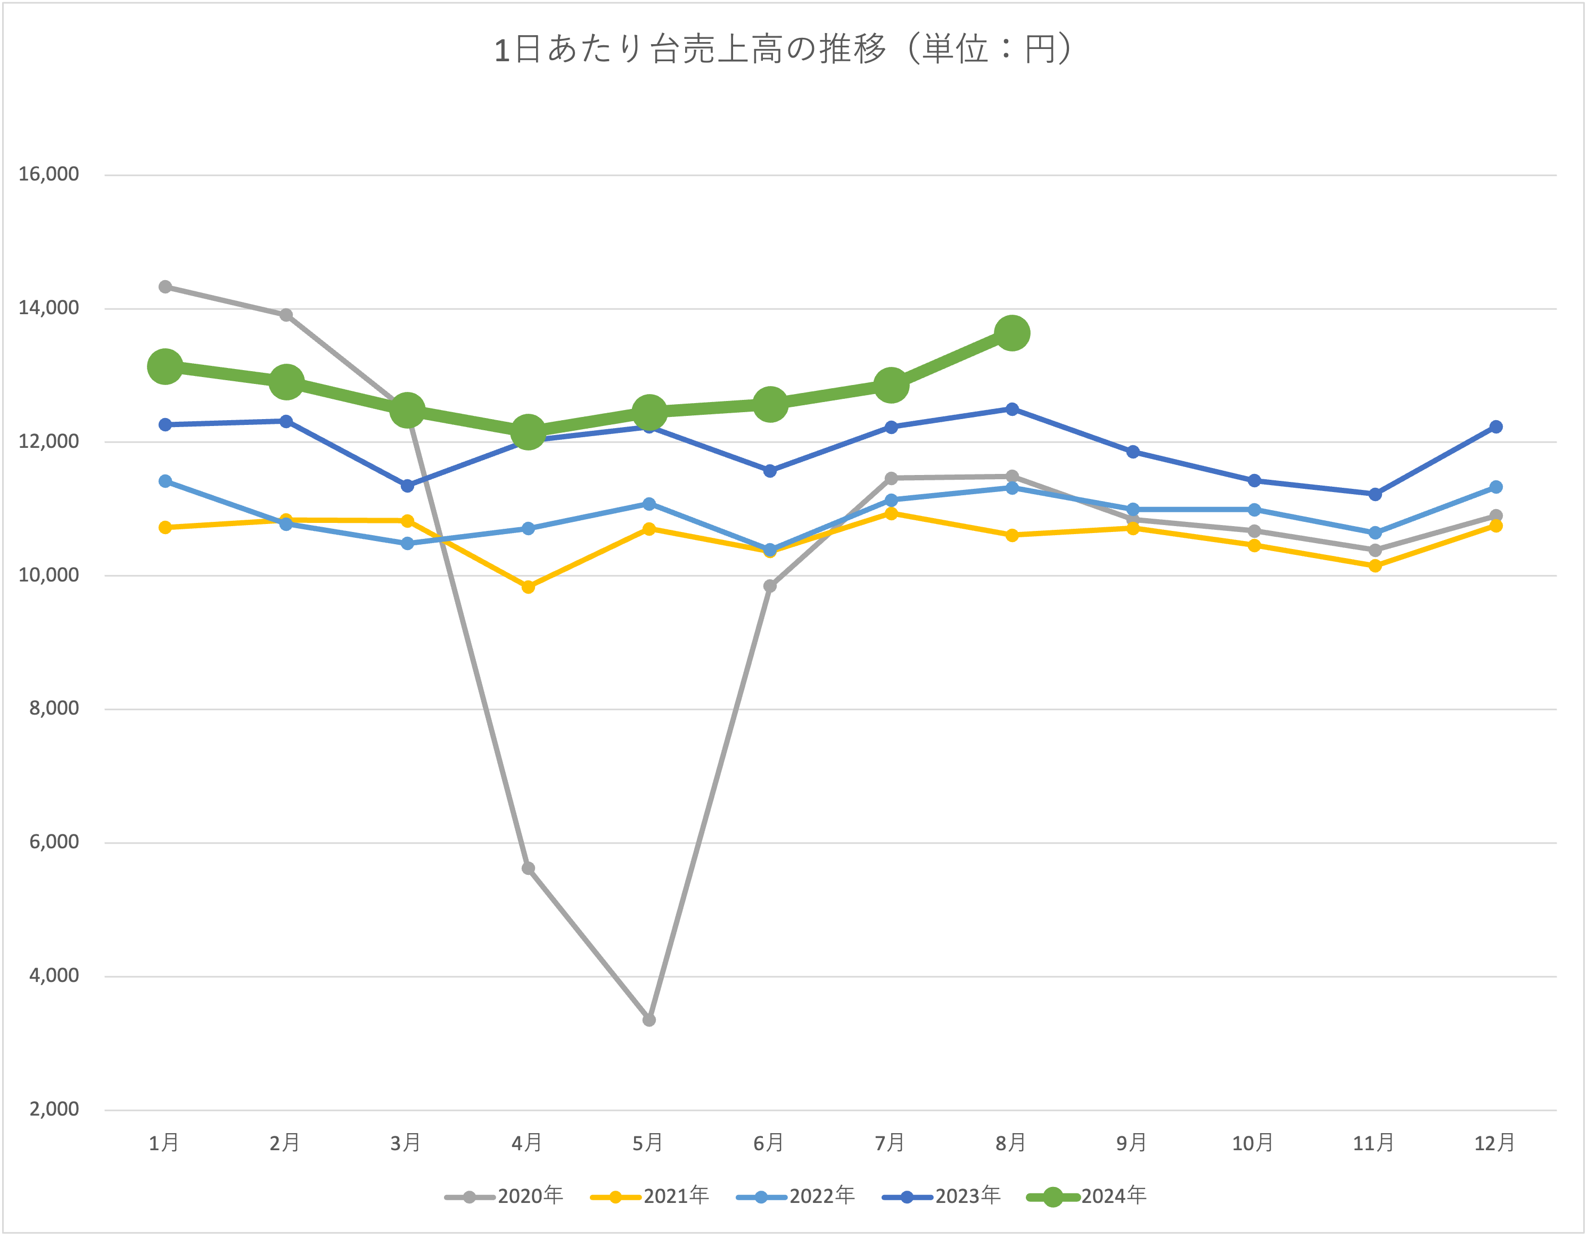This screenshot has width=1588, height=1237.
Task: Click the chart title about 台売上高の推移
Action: [x=784, y=50]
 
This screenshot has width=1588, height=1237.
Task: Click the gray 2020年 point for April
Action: [x=529, y=869]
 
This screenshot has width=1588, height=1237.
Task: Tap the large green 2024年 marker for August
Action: [x=1012, y=333]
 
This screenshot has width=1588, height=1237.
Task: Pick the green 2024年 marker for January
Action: [x=165, y=366]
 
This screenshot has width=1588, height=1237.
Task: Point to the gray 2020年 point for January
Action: [x=165, y=286]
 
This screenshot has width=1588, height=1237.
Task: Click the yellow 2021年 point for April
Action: [x=529, y=587]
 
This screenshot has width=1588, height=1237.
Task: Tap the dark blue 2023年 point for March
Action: [x=407, y=486]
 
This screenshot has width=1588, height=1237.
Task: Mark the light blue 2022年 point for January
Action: [x=165, y=481]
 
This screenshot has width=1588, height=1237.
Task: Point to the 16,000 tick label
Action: [x=49, y=175]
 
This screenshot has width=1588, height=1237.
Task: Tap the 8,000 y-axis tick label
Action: [x=54, y=708]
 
